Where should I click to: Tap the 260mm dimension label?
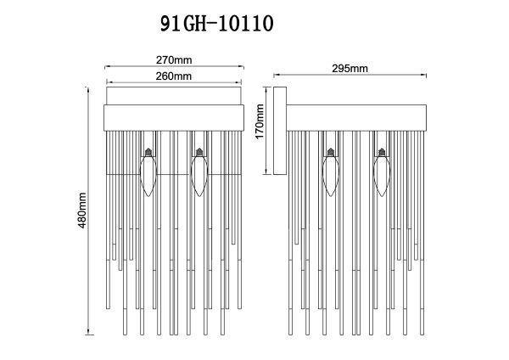tap(173, 76)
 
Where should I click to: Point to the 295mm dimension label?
tap(351, 68)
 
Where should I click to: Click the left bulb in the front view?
tap(149, 174)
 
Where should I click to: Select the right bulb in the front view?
tap(199, 174)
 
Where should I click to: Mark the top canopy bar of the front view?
tap(173, 116)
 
